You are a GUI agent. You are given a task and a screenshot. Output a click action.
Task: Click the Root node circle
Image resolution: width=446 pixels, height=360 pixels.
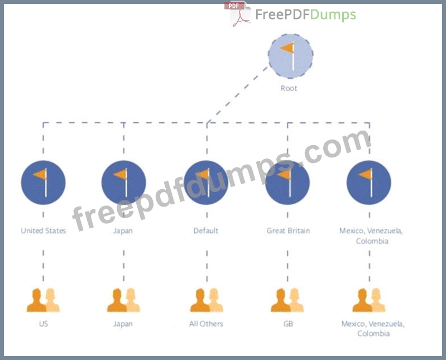point(289,55)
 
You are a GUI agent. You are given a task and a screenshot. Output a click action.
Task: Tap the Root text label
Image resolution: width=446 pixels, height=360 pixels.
point(289,88)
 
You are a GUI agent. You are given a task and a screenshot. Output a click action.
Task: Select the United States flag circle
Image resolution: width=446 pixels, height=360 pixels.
point(44,182)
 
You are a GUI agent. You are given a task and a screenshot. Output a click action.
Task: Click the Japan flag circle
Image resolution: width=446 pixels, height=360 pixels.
point(124,182)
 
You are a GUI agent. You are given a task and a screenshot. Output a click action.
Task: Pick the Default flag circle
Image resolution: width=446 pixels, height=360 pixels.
point(206,182)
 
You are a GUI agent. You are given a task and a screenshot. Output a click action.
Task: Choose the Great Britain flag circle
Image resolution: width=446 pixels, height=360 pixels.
point(287,182)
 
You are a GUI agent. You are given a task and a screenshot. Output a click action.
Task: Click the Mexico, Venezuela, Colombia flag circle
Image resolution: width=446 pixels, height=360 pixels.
point(368,182)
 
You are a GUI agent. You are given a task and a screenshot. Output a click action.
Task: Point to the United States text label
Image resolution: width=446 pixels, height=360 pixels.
point(44,231)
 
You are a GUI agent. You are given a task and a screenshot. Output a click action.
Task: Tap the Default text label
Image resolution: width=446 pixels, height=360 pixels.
point(206,231)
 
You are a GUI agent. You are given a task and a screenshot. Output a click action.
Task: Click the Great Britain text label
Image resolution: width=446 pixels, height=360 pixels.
point(288,231)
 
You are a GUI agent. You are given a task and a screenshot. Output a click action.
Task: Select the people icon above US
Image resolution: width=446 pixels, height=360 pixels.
point(44,300)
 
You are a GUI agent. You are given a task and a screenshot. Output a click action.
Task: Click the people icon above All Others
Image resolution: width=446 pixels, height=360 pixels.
point(207,300)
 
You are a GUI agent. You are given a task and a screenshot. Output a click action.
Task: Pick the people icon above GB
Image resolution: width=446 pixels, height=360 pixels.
point(287,300)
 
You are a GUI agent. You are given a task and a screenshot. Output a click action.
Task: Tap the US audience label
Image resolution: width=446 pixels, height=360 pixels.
point(44,324)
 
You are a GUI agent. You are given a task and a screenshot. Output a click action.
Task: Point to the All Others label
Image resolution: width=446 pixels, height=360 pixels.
point(206,324)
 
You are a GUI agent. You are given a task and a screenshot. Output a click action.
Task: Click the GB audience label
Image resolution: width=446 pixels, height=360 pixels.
point(287,324)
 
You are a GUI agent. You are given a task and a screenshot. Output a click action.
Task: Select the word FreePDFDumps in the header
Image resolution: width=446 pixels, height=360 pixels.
point(305,15)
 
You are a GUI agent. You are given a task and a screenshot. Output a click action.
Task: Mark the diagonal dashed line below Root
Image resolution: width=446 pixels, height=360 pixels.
point(237,95)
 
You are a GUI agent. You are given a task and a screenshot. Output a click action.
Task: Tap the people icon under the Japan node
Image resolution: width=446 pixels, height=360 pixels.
point(124,300)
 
